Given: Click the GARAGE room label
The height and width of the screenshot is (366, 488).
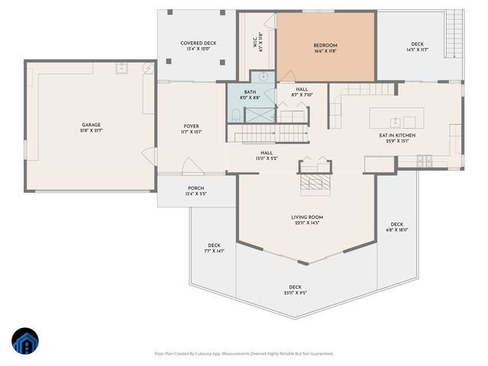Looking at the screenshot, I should pyautogui.click(x=91, y=125).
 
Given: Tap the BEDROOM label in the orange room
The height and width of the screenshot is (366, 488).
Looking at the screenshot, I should pyautogui.click(x=325, y=46).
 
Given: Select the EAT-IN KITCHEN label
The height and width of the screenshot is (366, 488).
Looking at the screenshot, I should pyautogui.click(x=396, y=136).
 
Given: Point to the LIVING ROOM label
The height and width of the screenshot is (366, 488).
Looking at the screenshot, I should pyautogui.click(x=307, y=217).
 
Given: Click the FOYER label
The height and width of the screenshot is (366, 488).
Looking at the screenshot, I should pyautogui.click(x=191, y=127).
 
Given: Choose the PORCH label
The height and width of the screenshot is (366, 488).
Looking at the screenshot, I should pyautogui.click(x=196, y=188).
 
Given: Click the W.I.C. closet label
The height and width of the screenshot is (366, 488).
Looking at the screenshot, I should pyautogui.click(x=255, y=41).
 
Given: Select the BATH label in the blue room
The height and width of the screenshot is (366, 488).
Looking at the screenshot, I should pyautogui.click(x=250, y=91).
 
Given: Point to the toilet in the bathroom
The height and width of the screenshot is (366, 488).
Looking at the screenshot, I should pyautogui.click(x=236, y=115).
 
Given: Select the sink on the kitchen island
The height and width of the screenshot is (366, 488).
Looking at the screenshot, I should pyautogui.click(x=395, y=122).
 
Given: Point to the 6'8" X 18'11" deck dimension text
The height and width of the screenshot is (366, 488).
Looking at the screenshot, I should pyautogui.click(x=397, y=230).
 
